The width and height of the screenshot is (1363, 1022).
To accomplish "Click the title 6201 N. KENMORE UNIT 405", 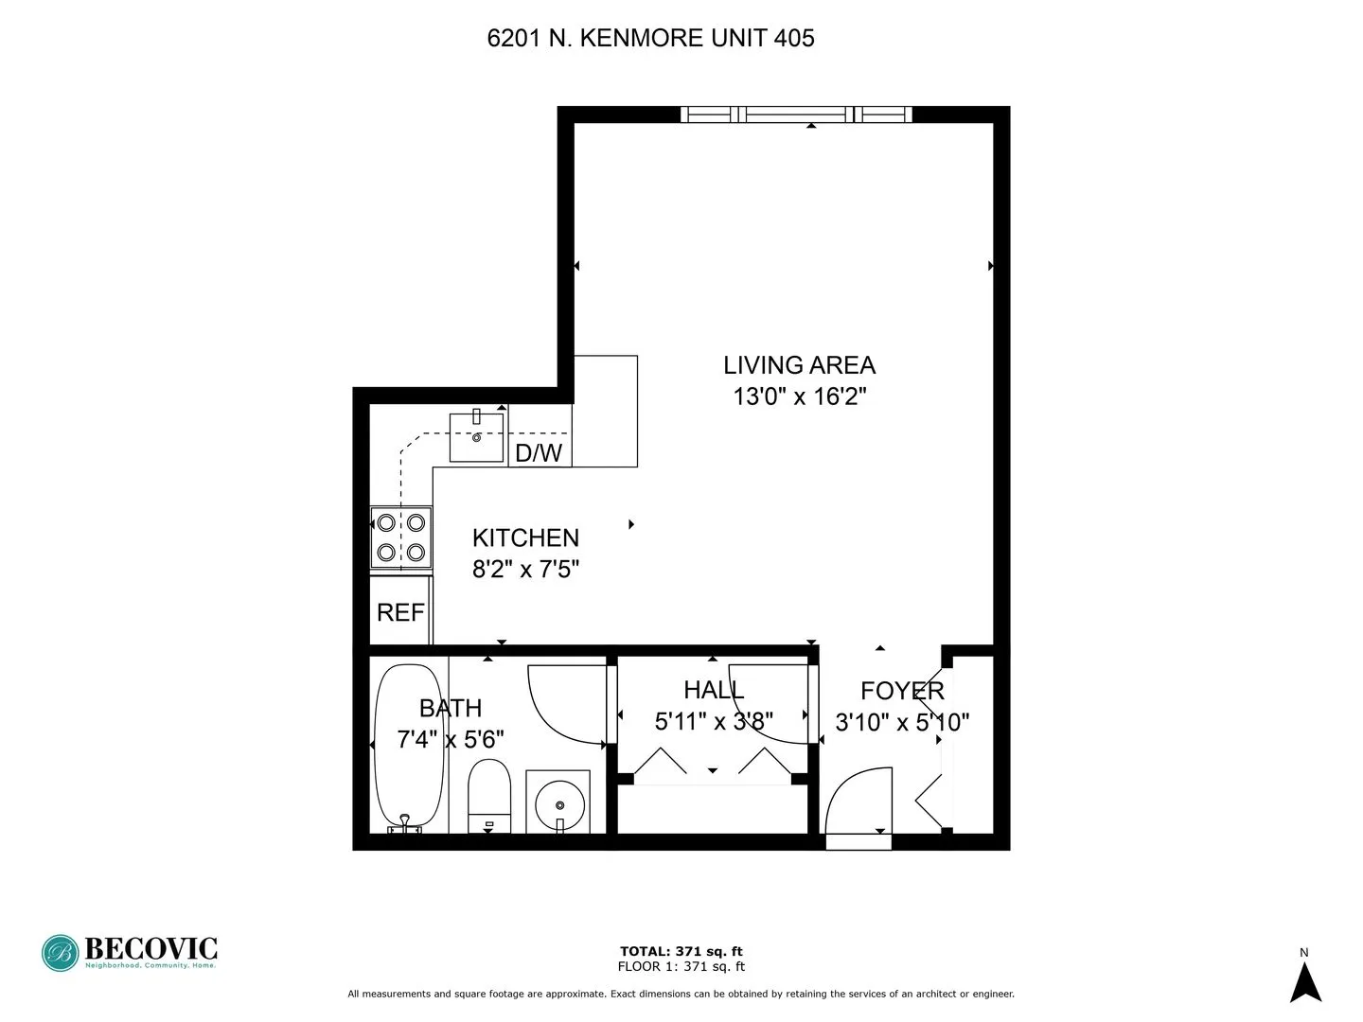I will (x=650, y=39).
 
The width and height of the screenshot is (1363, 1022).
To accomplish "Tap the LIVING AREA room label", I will (x=799, y=364).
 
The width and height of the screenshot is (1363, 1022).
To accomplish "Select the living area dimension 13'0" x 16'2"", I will (x=800, y=396).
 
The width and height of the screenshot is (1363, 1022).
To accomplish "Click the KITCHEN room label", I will (x=525, y=537).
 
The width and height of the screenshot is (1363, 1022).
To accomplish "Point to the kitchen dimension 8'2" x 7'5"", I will (x=525, y=569).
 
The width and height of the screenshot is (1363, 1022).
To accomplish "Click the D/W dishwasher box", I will (x=539, y=452).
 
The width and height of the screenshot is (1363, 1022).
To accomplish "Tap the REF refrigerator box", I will (x=400, y=612).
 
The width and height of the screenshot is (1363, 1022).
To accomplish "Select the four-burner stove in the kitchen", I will (x=400, y=537).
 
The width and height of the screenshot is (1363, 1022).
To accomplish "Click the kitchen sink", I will (x=476, y=436).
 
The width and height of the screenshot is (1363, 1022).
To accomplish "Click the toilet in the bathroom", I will (x=489, y=793).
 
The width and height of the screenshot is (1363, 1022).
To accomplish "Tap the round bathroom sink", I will (x=560, y=803).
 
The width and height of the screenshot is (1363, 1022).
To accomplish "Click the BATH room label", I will (x=451, y=708).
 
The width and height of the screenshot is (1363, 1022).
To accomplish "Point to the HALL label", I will (x=714, y=689).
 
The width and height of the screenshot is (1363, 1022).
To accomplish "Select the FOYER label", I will (x=902, y=690).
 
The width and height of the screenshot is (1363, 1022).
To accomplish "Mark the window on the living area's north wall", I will (x=796, y=115).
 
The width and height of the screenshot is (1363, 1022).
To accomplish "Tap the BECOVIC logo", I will (x=130, y=952).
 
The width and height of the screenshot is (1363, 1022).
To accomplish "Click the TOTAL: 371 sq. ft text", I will (x=681, y=951).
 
